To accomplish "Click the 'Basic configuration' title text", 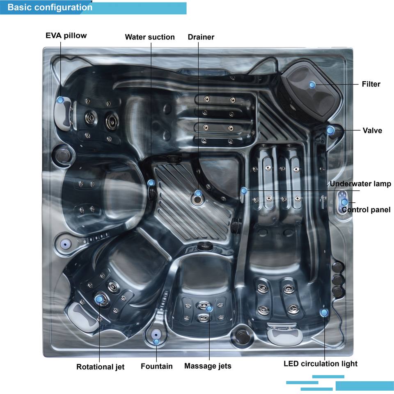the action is click(50, 7).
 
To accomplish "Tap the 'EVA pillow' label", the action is click(66, 35).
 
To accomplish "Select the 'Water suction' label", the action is click(150, 37).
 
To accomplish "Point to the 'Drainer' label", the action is click(201, 37).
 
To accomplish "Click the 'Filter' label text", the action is click(371, 85).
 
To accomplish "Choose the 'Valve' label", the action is click(372, 131).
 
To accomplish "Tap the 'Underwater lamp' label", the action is click(360, 184).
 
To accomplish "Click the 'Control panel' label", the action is click(366, 210).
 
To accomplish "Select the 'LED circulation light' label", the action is click(321, 364).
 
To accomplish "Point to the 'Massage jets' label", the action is click(208, 366).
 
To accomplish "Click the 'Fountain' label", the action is click(157, 366).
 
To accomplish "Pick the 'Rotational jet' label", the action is click(101, 367).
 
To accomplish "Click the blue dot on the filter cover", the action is click(312, 85).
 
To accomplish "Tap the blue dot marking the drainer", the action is click(198, 193).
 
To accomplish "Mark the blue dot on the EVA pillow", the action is click(60, 99).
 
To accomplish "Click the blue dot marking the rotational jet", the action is click(99, 299).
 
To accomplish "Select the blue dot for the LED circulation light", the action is click(324, 313).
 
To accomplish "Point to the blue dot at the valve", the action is click(330, 130).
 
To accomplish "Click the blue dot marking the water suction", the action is click(151, 183).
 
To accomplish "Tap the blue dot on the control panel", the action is click(344, 202).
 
